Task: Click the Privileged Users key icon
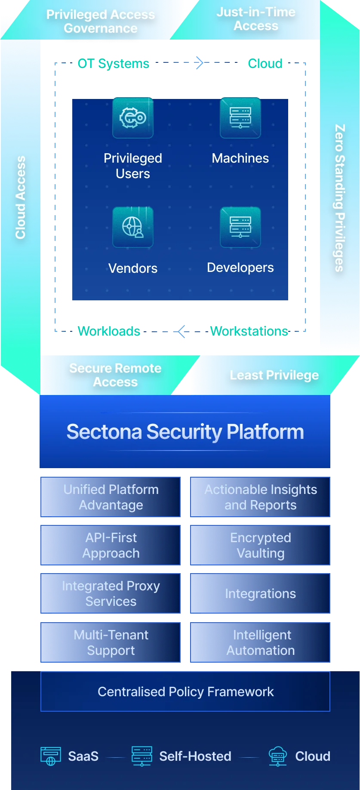click(x=133, y=118)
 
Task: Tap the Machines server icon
click(x=240, y=118)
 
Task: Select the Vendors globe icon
click(x=133, y=227)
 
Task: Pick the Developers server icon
click(x=240, y=227)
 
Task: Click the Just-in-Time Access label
click(x=256, y=19)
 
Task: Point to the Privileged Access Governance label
click(x=101, y=22)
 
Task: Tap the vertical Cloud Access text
click(x=20, y=197)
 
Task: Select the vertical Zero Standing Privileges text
click(x=340, y=198)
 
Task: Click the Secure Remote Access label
click(x=115, y=375)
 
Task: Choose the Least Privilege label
click(x=274, y=375)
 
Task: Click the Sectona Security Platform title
click(x=185, y=432)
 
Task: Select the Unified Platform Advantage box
click(x=111, y=497)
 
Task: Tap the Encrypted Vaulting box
click(x=260, y=545)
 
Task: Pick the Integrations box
click(x=260, y=593)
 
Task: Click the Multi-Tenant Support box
click(x=111, y=642)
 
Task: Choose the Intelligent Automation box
click(x=260, y=642)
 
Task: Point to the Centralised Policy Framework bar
click(x=185, y=691)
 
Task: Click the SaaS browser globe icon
click(x=50, y=756)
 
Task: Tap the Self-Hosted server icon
click(x=142, y=756)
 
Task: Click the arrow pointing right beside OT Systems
click(x=198, y=63)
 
